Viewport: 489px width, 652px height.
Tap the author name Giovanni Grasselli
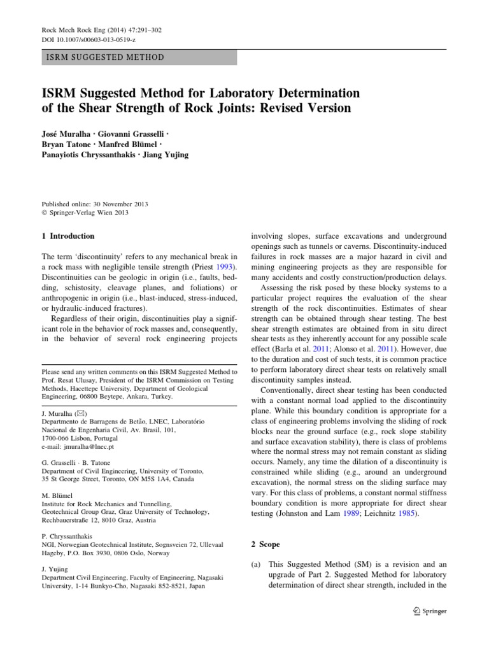(138, 135)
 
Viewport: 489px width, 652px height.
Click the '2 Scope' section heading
(266, 545)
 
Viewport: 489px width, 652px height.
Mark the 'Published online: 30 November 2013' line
(94, 204)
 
